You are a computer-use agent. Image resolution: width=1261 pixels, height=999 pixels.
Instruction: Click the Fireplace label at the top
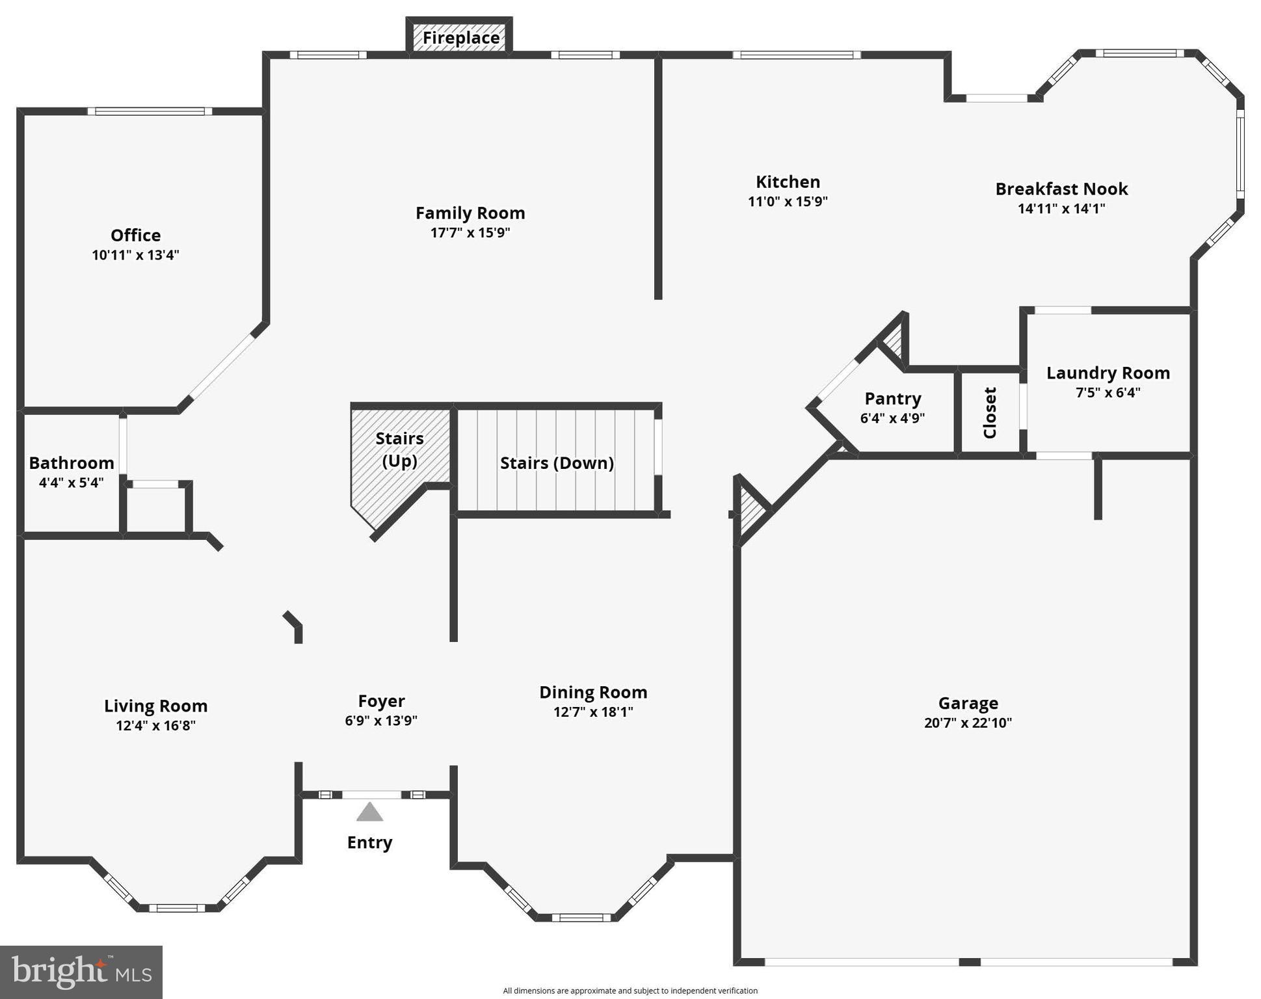[460, 38]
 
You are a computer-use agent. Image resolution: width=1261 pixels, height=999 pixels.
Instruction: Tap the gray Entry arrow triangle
[369, 813]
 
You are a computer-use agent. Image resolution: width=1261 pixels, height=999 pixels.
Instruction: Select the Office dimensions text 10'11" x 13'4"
[135, 255]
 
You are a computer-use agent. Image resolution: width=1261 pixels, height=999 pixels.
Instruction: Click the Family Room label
[470, 213]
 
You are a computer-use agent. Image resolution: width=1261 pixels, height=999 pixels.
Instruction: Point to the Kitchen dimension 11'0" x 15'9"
[788, 202]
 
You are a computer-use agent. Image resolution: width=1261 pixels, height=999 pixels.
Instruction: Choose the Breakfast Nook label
[1061, 189]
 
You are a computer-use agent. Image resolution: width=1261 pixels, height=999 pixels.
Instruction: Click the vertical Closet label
[990, 412]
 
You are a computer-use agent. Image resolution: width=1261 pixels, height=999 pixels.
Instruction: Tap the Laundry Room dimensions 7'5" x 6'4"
[1108, 393]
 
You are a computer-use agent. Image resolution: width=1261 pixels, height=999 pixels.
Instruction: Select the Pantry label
[892, 398]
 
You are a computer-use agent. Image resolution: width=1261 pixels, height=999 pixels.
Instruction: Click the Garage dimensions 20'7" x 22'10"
[968, 723]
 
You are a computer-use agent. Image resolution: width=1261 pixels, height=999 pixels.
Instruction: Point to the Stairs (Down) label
[557, 463]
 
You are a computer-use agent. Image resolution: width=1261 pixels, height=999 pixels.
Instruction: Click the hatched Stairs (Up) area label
[399, 449]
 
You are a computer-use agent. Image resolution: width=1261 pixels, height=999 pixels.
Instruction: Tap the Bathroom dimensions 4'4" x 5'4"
[72, 483]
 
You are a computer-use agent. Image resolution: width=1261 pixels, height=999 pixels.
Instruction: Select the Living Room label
[156, 706]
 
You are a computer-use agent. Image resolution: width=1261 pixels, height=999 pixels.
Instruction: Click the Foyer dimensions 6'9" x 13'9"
[381, 721]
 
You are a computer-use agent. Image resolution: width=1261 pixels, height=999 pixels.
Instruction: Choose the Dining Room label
[593, 692]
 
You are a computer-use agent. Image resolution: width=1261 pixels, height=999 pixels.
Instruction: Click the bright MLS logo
[81, 972]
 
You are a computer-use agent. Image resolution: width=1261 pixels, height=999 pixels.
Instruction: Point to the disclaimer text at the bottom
[630, 991]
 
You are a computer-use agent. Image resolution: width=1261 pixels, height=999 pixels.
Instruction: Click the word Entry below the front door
[369, 842]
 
